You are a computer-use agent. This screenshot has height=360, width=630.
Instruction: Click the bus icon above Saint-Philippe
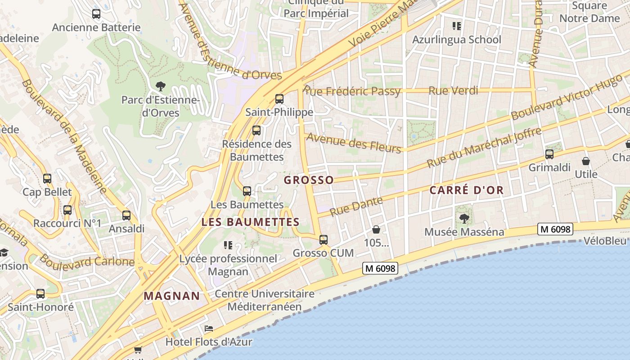click(279, 99)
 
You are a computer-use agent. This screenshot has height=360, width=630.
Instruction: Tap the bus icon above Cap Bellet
click(47, 179)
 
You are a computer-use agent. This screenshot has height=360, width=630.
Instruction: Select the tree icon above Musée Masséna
click(464, 219)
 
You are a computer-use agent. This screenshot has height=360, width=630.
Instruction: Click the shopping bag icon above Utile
click(586, 161)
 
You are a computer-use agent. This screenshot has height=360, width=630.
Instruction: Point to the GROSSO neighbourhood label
click(309, 180)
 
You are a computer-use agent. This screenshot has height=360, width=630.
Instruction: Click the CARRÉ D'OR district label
click(466, 190)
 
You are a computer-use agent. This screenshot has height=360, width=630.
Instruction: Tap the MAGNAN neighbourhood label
click(171, 296)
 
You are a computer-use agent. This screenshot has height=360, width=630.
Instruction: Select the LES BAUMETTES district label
click(250, 222)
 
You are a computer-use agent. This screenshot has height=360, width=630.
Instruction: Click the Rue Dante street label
click(356, 206)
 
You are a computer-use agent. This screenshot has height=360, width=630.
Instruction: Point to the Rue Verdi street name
click(453, 90)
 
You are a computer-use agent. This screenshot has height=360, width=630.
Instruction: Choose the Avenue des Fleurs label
click(354, 143)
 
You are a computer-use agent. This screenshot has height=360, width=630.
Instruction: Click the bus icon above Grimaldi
click(549, 154)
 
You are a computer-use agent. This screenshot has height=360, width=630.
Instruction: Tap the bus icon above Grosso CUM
click(324, 240)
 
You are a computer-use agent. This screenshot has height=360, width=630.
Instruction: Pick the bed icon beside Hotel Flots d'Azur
click(209, 328)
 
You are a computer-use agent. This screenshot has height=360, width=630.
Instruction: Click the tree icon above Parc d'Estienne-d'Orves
click(160, 86)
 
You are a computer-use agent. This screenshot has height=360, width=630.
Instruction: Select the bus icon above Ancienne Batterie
click(96, 14)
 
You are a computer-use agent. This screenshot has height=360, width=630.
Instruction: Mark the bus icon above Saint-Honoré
click(40, 294)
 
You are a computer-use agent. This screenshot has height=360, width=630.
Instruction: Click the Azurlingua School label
click(457, 40)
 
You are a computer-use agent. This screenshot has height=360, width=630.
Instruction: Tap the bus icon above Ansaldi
click(126, 215)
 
